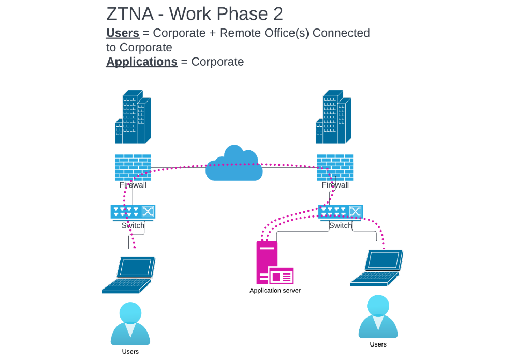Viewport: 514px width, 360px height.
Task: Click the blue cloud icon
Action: point(232,164)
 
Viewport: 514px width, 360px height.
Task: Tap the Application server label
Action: point(275,291)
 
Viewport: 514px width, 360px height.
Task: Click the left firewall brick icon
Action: point(133,167)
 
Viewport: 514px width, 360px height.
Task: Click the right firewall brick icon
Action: point(335,167)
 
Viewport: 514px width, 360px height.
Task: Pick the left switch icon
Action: point(133,211)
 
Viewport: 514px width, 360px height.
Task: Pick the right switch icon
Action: point(340,211)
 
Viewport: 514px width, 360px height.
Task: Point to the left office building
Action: point(133,118)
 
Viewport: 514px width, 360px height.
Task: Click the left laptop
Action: point(129,275)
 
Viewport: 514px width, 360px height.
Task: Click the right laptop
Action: point(377,268)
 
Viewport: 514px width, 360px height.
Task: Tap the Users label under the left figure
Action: point(130,352)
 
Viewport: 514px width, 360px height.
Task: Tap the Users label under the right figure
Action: point(378,344)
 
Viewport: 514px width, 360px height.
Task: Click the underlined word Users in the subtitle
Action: point(123,33)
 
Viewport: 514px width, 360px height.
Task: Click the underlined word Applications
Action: point(142,62)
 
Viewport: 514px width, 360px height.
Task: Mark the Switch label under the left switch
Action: point(133,225)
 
